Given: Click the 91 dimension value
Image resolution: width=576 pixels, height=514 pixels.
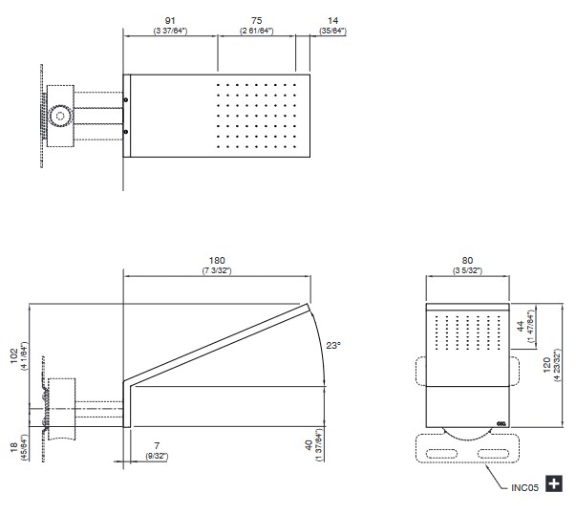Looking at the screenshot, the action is (170, 21).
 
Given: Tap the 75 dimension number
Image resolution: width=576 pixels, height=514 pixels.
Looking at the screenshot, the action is (257, 21).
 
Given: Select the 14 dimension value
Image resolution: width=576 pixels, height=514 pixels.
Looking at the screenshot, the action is (332, 21).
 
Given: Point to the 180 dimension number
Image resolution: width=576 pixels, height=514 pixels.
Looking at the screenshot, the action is (217, 261).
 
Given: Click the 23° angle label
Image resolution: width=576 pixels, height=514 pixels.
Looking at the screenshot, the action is (333, 345).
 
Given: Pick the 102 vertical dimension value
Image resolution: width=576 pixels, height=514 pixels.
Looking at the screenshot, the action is (14, 356).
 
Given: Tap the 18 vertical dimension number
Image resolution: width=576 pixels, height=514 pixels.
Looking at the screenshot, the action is (14, 447).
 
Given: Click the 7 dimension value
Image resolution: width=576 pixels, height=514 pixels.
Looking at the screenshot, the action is (157, 445).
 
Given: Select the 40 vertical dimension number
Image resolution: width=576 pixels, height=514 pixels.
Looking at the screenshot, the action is (309, 445).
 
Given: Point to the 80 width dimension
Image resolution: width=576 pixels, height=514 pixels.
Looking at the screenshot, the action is (467, 261).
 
